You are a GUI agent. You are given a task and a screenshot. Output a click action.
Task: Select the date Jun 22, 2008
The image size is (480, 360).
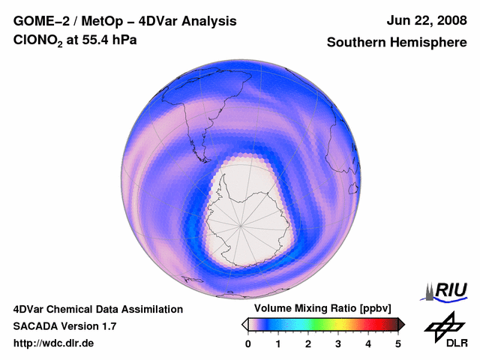click(425, 20)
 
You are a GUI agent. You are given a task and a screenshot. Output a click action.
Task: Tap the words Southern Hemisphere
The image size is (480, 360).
click(397, 43)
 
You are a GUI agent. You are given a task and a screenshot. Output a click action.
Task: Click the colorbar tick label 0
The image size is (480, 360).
click(248, 343)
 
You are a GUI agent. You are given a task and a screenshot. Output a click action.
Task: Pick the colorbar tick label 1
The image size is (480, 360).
click(278, 343)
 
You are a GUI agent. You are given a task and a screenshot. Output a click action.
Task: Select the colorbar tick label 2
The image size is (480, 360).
click(308, 343)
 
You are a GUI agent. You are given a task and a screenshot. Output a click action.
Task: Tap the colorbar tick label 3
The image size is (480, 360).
click(338, 343)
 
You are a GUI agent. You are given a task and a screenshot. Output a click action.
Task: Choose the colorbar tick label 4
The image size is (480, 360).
click(368, 343)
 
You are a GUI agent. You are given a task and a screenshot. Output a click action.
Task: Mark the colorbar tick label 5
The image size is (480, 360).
click(398, 343)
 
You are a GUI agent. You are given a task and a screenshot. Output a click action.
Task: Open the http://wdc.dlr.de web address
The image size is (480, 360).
click(54, 343)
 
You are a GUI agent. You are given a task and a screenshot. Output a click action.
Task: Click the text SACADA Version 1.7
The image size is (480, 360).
click(64, 326)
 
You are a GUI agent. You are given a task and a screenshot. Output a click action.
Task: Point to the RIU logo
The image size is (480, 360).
click(446, 289)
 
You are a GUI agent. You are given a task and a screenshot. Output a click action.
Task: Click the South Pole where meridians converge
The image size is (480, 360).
click(242, 224)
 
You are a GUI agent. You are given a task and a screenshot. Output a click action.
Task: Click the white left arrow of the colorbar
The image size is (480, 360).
click(244, 324)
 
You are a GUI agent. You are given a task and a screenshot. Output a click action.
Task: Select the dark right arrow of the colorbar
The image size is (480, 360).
click(401, 324)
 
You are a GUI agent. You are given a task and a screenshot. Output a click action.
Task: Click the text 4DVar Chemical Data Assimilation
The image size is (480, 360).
click(98, 309)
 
